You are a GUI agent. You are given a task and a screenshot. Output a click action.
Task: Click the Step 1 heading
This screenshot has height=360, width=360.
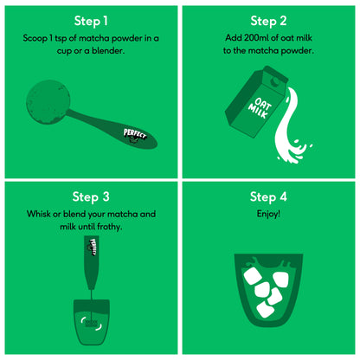coord(91,22)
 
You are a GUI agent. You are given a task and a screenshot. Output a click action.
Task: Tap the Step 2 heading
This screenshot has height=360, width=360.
coord(268,22)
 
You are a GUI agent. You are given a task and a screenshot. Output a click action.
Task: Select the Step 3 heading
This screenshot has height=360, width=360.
coord(91,197)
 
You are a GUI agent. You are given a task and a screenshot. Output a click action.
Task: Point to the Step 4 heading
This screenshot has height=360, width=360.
coord(268,197)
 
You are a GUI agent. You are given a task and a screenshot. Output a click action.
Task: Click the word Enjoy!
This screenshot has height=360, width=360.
coord(268,214)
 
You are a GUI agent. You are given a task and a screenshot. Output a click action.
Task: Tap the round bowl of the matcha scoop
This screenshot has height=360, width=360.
coord(48,102)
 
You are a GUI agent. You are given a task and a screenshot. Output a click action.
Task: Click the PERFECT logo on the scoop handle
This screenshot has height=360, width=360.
coord(135,136)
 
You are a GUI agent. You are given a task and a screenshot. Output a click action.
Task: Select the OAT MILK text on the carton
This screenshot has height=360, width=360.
coord(260,108)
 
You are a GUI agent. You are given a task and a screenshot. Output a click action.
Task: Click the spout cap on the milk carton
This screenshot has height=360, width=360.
coord(274,81)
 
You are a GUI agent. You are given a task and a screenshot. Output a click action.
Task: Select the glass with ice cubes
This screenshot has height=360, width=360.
coord(268,290)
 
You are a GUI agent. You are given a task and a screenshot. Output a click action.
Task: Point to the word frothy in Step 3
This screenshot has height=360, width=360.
coord(110,227)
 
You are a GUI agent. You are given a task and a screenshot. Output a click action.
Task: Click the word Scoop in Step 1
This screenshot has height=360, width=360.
coord(35,38)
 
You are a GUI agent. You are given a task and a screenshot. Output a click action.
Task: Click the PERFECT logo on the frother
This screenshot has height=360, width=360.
coord(93,247)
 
